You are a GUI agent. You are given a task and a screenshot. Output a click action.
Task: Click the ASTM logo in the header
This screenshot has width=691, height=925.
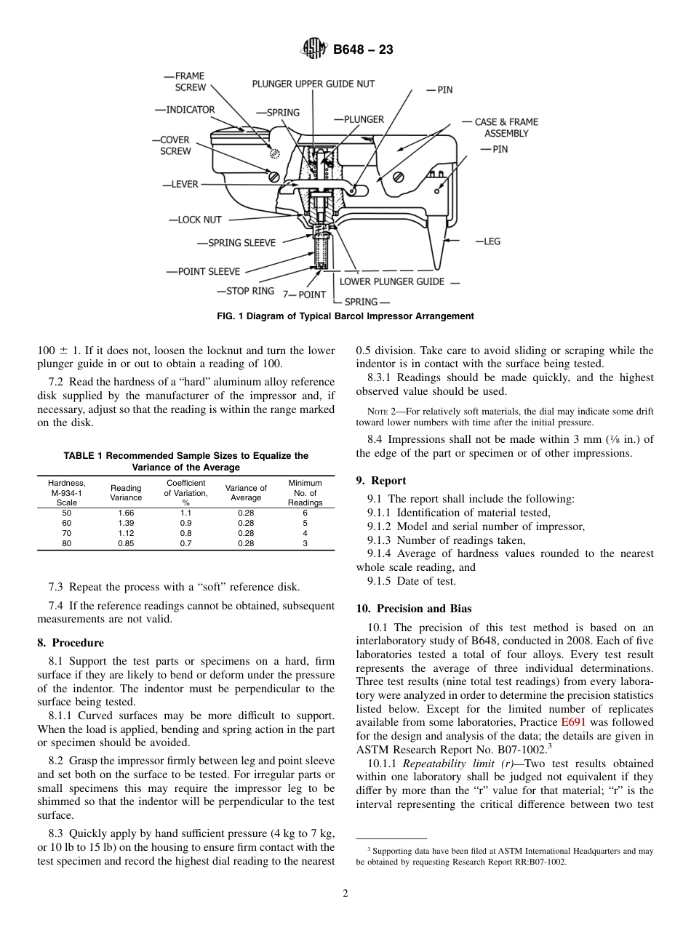(x=314, y=49)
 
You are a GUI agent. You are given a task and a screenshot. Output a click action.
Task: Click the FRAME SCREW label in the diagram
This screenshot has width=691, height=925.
(x=186, y=81)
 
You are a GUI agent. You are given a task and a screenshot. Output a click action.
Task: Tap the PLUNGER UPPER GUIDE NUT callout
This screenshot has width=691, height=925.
(x=313, y=84)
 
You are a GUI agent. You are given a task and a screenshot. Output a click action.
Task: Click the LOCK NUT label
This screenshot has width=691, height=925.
(x=198, y=220)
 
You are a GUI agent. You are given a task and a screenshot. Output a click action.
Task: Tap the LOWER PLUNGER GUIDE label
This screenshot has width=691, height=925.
(x=392, y=281)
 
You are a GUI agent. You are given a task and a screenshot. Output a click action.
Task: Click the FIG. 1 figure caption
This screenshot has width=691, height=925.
(x=345, y=316)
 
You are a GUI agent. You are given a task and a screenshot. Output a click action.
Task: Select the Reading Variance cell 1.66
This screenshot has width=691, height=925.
(x=126, y=513)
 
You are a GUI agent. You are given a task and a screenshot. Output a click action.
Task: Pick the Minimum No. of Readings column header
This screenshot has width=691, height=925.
(x=305, y=493)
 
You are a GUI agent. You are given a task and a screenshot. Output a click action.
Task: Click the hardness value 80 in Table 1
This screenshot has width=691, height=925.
(x=67, y=543)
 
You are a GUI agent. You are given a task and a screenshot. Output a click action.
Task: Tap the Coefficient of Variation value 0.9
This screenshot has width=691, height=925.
(x=185, y=523)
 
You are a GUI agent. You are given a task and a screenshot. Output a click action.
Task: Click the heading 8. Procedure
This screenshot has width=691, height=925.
(x=71, y=643)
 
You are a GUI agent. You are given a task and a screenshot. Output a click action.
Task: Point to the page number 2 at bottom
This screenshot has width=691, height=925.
(x=345, y=894)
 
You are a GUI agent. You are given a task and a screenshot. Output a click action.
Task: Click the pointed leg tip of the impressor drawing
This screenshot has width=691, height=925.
(x=439, y=267)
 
